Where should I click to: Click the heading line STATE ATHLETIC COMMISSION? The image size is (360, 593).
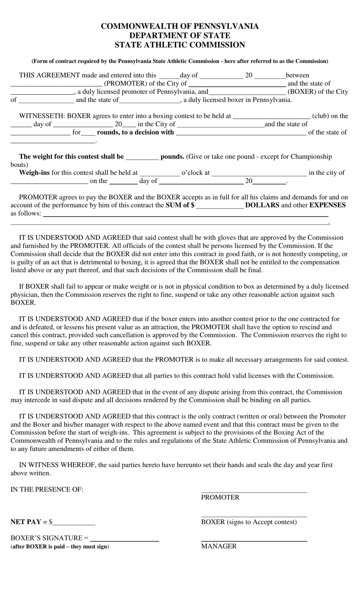coord(180,45)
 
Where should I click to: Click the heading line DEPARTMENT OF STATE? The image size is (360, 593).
coord(180,35)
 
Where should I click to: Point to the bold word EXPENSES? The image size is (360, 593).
coord(327,205)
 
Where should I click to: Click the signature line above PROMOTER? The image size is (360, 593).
coord(254,492)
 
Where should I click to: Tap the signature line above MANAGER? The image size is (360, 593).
coord(254,540)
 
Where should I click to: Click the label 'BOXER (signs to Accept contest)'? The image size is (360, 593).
coord(249,522)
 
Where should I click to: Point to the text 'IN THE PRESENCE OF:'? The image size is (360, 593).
coord(47,489)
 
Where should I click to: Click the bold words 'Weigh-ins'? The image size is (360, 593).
coord(34,173)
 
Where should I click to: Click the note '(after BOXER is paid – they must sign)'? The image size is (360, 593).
coord(59,547)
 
